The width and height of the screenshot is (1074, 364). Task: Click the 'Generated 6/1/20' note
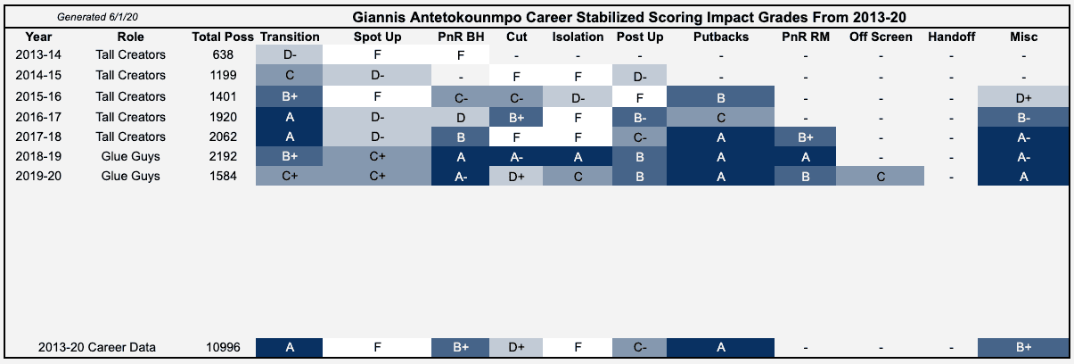click(97, 17)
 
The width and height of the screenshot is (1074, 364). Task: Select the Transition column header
click(290, 37)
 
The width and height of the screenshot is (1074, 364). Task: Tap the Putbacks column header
click(721, 37)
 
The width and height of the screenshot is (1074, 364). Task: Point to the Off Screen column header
click(881, 37)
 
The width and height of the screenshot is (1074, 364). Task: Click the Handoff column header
click(951, 37)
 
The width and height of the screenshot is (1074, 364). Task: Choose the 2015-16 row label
click(38, 96)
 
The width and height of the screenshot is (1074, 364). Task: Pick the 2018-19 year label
click(38, 156)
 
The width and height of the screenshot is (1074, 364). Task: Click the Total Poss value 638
click(223, 54)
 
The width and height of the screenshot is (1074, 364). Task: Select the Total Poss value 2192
click(223, 156)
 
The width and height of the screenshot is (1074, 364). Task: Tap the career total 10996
click(223, 347)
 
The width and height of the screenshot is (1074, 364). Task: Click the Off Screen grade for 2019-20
click(881, 177)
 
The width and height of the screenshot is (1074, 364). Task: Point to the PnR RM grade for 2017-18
click(805, 136)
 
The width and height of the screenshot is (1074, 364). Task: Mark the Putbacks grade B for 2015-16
click(721, 96)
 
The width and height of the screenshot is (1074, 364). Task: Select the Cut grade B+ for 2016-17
click(516, 117)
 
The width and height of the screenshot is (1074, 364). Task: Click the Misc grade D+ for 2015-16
click(1024, 96)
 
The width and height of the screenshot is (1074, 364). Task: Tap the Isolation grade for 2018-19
click(578, 156)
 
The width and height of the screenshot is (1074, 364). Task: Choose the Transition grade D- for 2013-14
click(289, 54)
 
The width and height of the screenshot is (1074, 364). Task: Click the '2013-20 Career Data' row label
click(97, 347)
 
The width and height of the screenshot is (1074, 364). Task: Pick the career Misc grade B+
click(1024, 347)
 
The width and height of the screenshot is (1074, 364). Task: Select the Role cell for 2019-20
click(130, 177)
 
